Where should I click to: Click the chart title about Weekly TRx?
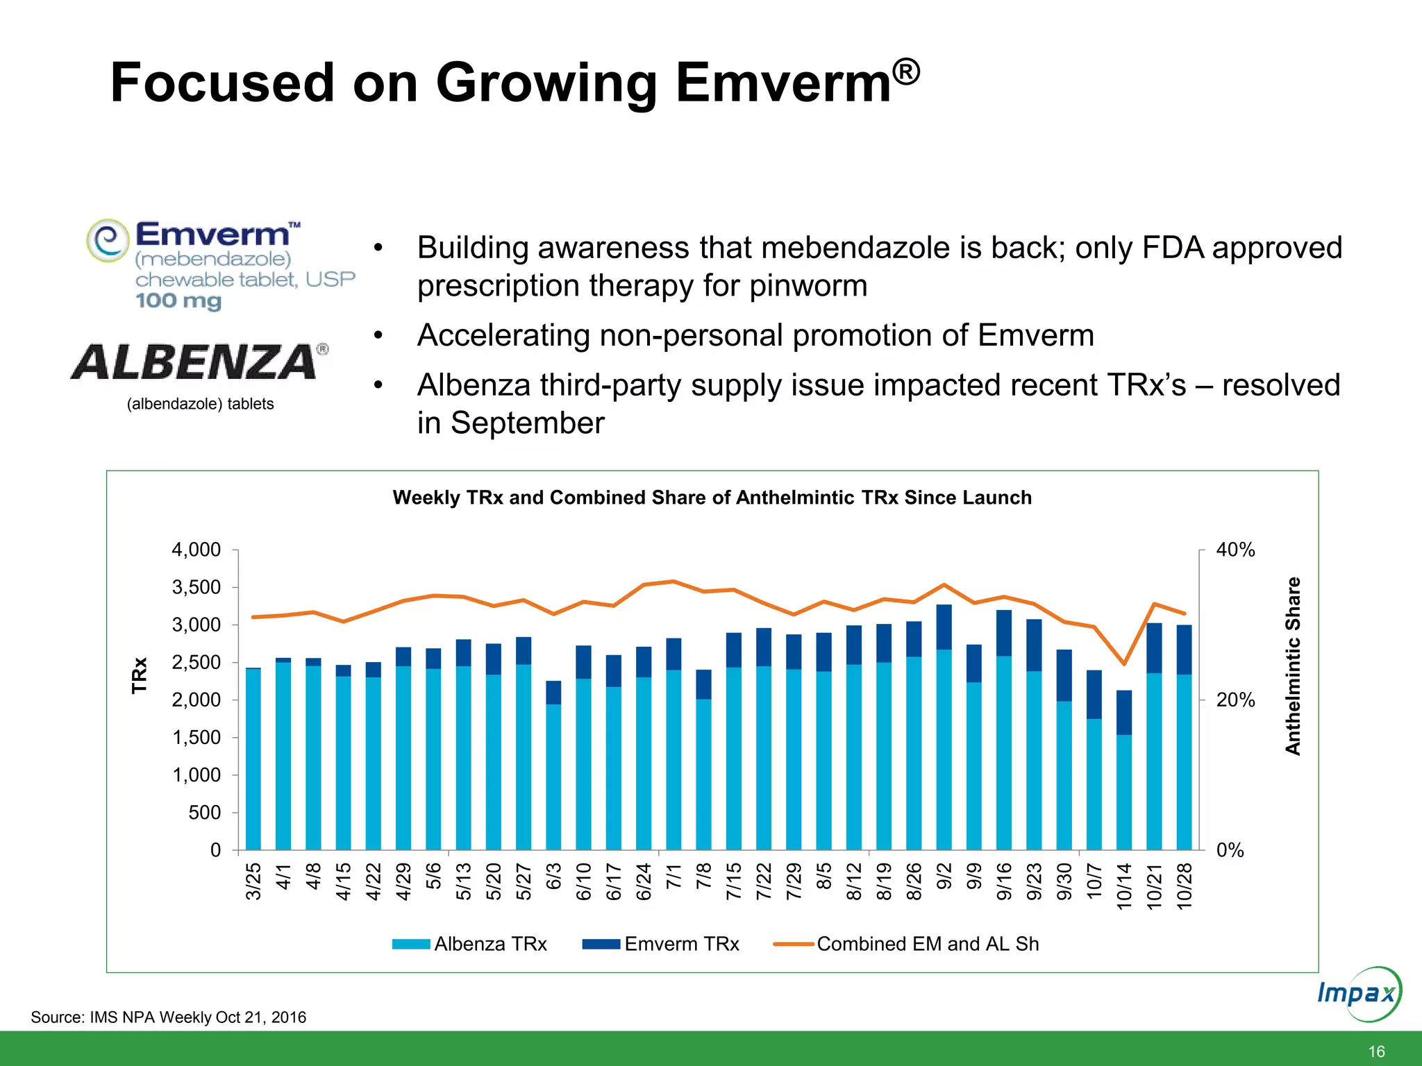(x=712, y=498)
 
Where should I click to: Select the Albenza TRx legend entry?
(x=470, y=944)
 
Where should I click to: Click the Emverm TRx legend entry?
(x=661, y=944)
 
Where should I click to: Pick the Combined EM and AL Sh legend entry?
(x=906, y=944)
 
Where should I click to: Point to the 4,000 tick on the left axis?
(x=196, y=550)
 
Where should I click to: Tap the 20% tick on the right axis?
(x=1235, y=700)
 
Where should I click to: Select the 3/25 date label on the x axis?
(x=253, y=881)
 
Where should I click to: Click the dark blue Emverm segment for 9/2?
(x=944, y=627)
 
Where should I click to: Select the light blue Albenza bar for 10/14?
(x=1124, y=791)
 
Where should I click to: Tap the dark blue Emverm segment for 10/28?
(x=1184, y=650)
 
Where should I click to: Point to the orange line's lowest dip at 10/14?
(x=1124, y=664)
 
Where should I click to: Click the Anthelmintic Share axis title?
(x=1292, y=666)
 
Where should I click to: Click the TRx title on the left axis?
(x=140, y=675)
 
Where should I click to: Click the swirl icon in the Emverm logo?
(x=108, y=240)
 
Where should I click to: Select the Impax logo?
(x=1357, y=993)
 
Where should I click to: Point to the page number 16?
(x=1376, y=1051)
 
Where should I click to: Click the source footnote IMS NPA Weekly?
(x=169, y=1017)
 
